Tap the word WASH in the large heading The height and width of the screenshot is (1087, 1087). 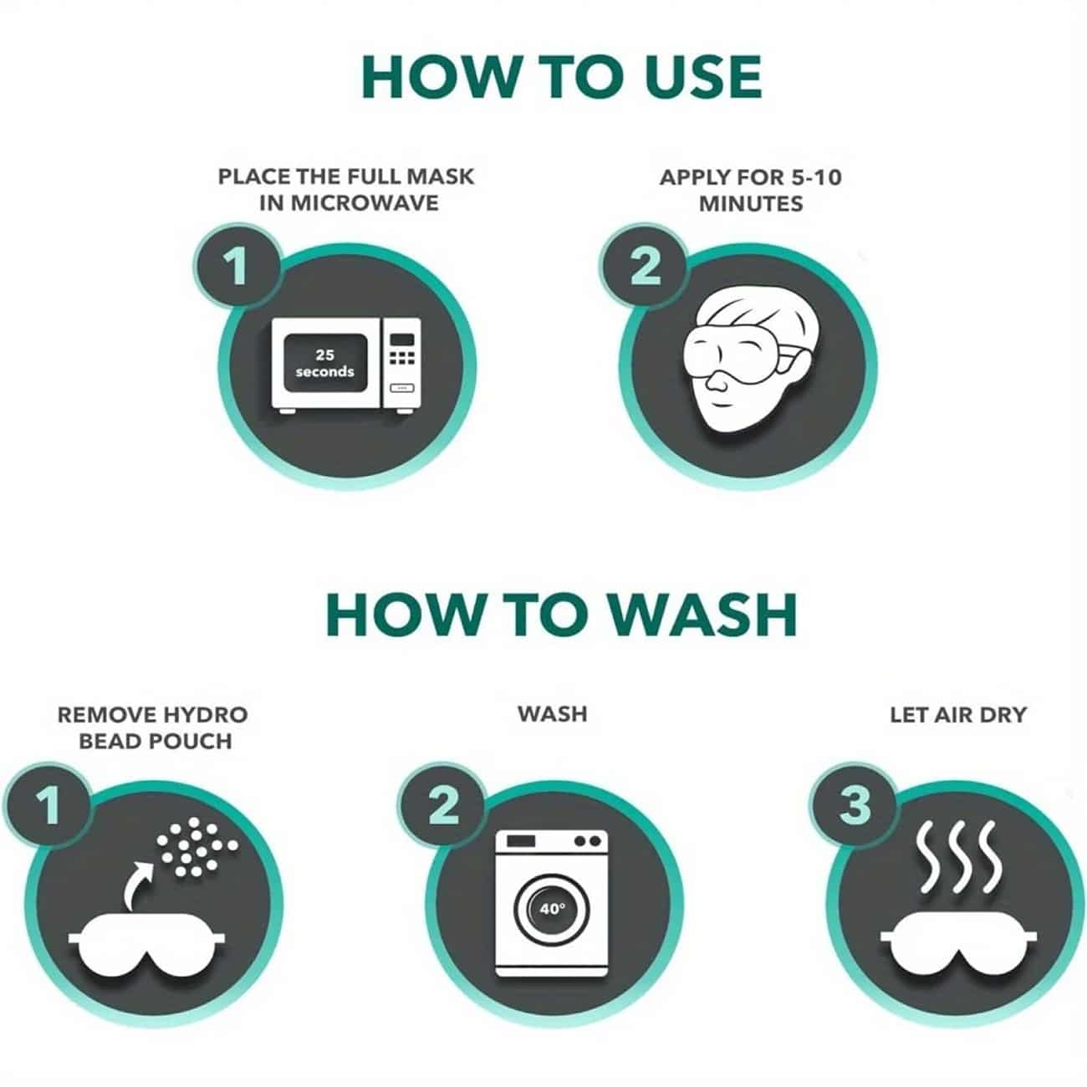click(703, 615)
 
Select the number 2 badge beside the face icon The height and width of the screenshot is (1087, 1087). click(645, 266)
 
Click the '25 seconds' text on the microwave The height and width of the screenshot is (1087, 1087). click(325, 363)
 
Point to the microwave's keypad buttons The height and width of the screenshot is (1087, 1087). click(402, 358)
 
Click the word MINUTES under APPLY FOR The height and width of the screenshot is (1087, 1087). click(751, 204)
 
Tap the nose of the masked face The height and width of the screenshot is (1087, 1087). click(717, 382)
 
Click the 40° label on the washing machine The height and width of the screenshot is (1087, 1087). click(552, 909)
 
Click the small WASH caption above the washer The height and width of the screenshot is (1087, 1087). click(553, 714)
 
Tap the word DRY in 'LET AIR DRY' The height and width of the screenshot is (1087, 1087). click(1003, 715)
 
